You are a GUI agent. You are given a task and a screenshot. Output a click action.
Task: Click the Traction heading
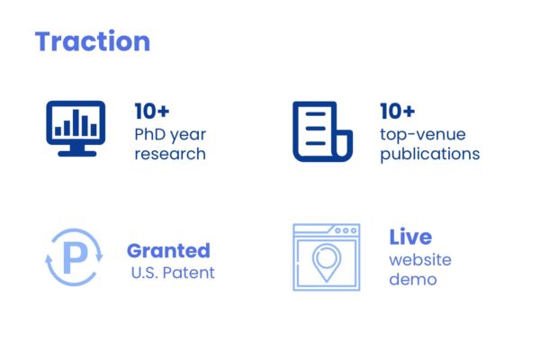(93, 41)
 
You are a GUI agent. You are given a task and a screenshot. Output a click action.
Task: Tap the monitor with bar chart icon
(76, 129)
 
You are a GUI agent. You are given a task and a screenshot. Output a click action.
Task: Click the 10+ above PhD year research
(152, 111)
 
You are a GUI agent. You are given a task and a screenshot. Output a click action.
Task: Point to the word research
(170, 154)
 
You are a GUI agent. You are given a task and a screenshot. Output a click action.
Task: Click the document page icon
(323, 131)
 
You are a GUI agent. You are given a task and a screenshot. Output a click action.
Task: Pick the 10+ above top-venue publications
(398, 111)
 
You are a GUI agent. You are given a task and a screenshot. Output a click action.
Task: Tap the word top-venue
(423, 135)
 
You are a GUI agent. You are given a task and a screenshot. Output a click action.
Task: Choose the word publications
(430, 154)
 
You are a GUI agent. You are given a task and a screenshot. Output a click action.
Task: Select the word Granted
(168, 250)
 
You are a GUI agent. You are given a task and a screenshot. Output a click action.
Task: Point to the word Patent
(188, 273)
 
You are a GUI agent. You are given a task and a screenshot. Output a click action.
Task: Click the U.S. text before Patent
(145, 273)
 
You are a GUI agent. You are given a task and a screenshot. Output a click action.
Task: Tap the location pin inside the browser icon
(327, 263)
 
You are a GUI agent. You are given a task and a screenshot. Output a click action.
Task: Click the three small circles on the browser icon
(346, 230)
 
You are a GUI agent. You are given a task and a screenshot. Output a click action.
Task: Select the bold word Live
(410, 237)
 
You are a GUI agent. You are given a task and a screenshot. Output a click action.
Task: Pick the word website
(420, 260)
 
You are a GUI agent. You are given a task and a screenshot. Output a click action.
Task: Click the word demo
(413, 279)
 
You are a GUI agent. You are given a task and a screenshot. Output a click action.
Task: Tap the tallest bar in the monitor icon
(76, 122)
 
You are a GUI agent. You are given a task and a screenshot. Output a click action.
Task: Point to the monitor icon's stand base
(77, 154)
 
